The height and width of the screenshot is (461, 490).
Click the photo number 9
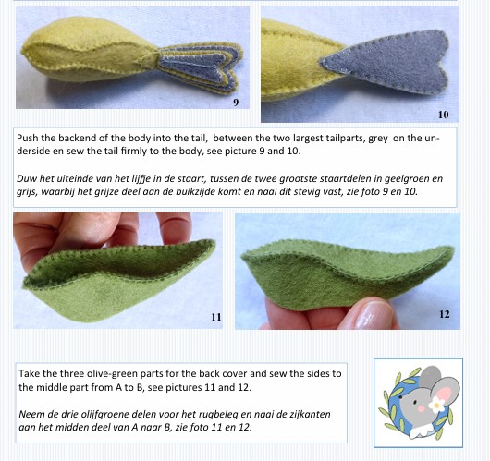236,103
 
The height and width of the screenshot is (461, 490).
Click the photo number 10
444,115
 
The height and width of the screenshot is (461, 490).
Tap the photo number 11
216,317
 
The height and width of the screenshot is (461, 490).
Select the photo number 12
445,314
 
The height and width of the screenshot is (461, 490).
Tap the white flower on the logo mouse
436,405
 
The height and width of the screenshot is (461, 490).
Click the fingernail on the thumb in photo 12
373,314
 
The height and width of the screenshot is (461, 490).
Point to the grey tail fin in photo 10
386,62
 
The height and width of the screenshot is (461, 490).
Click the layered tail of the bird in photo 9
200,67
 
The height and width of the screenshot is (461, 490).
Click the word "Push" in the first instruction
27,138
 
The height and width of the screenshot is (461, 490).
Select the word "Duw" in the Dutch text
25,178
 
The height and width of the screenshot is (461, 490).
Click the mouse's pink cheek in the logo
422,409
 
